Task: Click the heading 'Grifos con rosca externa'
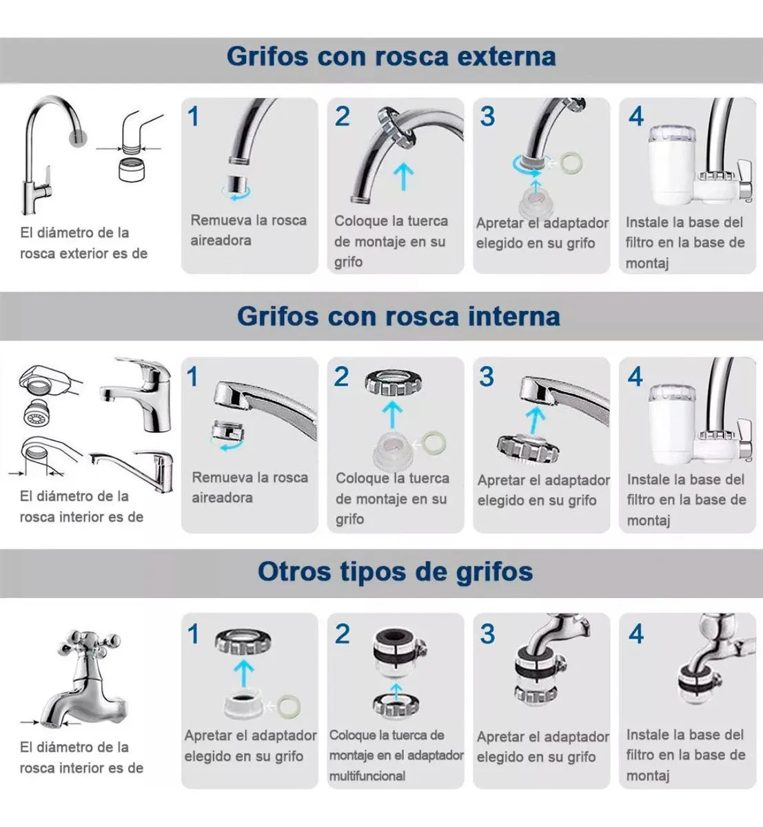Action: pos(391,57)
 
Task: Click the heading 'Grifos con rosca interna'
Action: pos(398,316)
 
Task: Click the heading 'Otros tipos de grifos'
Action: pos(395,572)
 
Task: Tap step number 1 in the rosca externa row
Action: pos(194,116)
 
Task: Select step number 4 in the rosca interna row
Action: pos(635,376)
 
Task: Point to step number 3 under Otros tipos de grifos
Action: pos(487,633)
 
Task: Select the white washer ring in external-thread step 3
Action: pos(570,164)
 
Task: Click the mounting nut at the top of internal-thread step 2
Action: pos(393,382)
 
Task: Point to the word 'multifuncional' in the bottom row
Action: pos(367,776)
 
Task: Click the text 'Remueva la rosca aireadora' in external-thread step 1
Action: pos(248,230)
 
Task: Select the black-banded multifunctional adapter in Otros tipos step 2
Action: pos(396,657)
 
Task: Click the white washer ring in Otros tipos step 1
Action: pos(286,706)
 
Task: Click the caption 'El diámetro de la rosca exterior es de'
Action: pos(83,243)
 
